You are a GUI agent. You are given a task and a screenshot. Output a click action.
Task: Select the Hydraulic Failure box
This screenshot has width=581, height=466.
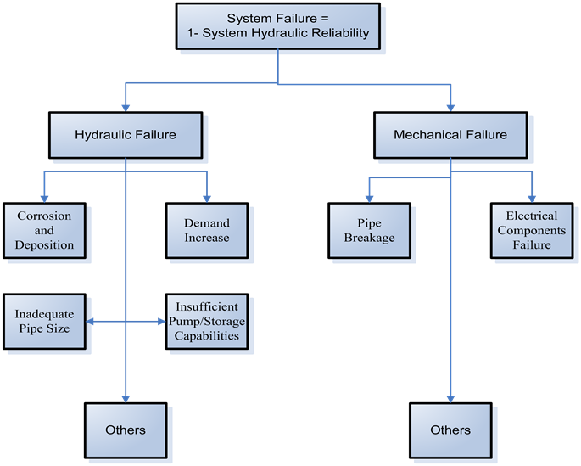point(126,134)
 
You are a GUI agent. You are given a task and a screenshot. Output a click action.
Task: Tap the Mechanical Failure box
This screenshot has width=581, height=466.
point(450,134)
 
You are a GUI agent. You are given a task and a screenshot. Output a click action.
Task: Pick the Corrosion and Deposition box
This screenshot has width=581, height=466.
point(44,230)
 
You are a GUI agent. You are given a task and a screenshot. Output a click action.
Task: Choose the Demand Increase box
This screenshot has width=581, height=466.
point(207,230)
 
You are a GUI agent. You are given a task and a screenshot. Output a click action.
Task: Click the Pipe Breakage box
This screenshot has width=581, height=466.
point(369,230)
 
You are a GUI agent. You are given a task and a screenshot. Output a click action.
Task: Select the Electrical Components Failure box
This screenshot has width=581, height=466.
point(531,230)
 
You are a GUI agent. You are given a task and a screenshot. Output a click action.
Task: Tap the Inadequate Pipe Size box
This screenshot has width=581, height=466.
point(44,321)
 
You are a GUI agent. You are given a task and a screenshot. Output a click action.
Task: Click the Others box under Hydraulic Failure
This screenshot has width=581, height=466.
point(126,430)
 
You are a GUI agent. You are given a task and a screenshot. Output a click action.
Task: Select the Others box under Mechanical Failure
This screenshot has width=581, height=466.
point(450,430)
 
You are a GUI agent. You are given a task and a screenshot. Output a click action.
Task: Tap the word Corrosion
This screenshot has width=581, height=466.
point(44,216)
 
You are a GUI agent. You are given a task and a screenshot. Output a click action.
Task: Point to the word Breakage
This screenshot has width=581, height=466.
point(369,238)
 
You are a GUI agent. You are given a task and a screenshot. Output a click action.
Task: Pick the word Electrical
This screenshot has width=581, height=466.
point(532,216)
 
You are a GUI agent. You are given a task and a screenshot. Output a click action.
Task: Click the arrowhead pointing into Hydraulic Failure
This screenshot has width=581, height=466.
point(126,108)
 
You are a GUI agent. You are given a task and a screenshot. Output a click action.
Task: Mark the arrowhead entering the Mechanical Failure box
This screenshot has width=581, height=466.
point(450,108)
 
